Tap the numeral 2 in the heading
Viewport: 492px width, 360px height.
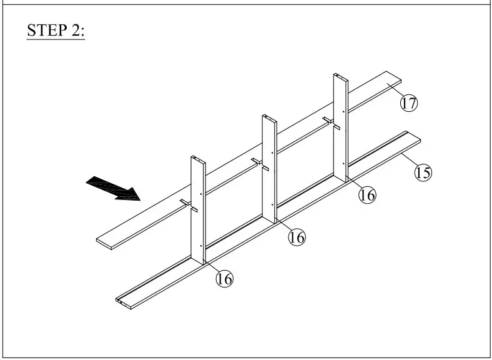point(76,31)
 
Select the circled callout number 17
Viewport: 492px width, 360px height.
point(408,103)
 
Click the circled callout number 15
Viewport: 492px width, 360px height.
point(423,172)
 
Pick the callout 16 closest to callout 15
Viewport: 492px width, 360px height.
point(367,195)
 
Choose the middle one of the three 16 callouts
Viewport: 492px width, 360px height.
point(297,237)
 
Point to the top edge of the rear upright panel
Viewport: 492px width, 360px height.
point(340,76)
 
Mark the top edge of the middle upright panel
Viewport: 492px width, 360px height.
point(268,117)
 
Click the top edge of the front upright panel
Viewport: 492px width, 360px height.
point(197,159)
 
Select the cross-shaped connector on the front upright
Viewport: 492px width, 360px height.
point(189,205)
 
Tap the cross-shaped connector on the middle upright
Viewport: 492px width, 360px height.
point(260,164)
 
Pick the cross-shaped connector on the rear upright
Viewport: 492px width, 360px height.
point(332,122)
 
